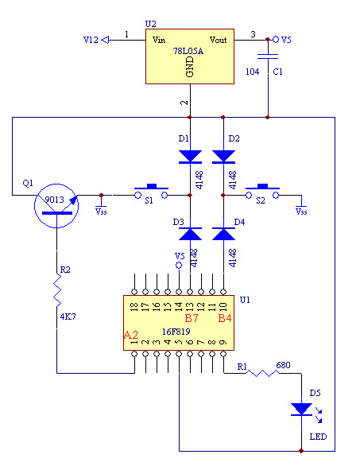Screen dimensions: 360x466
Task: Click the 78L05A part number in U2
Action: tap(188, 51)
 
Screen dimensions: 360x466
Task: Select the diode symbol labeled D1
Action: tap(191, 157)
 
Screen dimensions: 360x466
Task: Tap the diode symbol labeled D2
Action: tap(223, 157)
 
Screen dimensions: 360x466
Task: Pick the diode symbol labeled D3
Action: tap(191, 234)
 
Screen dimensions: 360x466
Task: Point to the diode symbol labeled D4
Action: tap(223, 234)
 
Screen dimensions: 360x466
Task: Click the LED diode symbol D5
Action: tap(301, 410)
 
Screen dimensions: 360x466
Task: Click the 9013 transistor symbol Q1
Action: tap(56, 206)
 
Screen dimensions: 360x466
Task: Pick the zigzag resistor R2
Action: tap(57, 290)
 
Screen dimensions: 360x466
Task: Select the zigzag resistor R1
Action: tap(263, 373)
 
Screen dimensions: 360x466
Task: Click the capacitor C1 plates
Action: tap(268, 56)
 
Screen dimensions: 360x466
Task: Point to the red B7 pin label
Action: tap(192, 318)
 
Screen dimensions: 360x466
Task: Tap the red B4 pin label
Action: tap(225, 318)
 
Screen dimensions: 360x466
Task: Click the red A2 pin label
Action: tap(131, 335)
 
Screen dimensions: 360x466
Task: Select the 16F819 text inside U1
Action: tap(176, 332)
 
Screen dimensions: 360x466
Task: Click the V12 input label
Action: tap(91, 40)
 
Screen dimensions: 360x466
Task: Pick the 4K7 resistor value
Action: tap(68, 316)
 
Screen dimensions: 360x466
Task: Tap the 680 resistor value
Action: tap(284, 365)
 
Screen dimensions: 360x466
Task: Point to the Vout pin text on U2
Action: tap(219, 40)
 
